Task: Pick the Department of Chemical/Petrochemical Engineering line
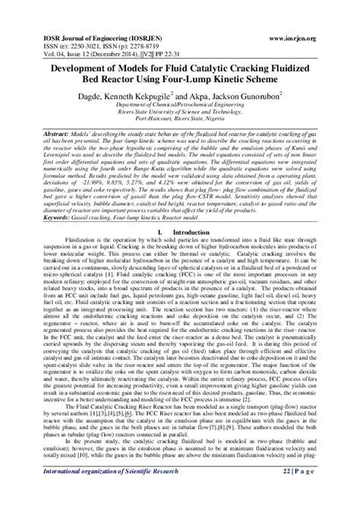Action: coord(179,84)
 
